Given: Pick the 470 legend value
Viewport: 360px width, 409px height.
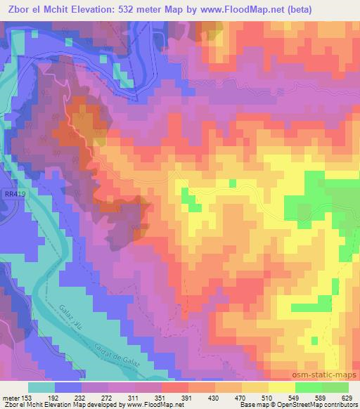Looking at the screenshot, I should tap(240, 397).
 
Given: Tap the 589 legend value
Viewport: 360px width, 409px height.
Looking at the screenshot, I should tap(320, 397).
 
